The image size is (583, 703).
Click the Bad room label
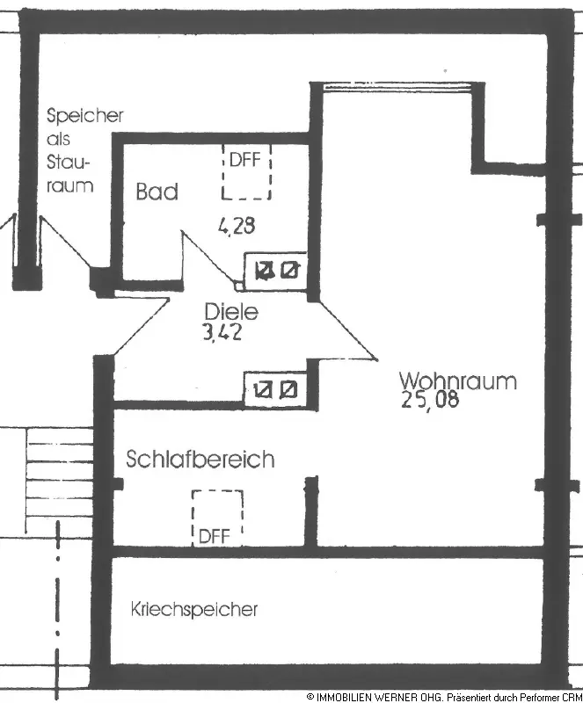[157, 192]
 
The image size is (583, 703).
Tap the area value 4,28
[237, 227]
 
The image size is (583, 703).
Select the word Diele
[230, 311]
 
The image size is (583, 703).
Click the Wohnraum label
[457, 382]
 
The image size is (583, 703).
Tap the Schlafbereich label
[200, 460]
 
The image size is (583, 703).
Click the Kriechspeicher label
[193, 609]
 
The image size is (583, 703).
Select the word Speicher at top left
[85, 116]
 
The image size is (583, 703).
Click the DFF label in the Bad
[245, 161]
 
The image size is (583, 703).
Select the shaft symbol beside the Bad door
[275, 272]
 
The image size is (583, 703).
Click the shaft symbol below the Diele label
[274, 388]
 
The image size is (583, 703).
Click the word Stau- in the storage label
[69, 163]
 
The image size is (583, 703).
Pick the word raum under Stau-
[69, 186]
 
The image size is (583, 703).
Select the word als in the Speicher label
[59, 140]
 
